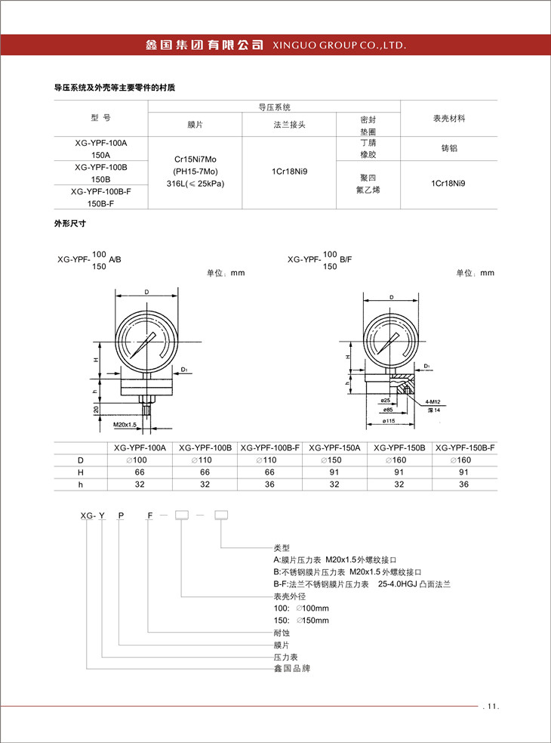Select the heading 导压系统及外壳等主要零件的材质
coord(114,88)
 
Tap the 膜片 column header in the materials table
coord(195,124)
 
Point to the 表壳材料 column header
coord(448,119)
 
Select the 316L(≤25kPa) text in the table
coord(195,184)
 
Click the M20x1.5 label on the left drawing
coord(125,426)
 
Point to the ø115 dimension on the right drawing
coord(389,420)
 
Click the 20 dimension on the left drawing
coord(96,408)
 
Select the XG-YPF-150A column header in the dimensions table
coord(334,448)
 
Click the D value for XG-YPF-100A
coord(140,460)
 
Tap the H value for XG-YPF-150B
coord(399,472)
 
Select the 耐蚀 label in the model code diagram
coord(281,633)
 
